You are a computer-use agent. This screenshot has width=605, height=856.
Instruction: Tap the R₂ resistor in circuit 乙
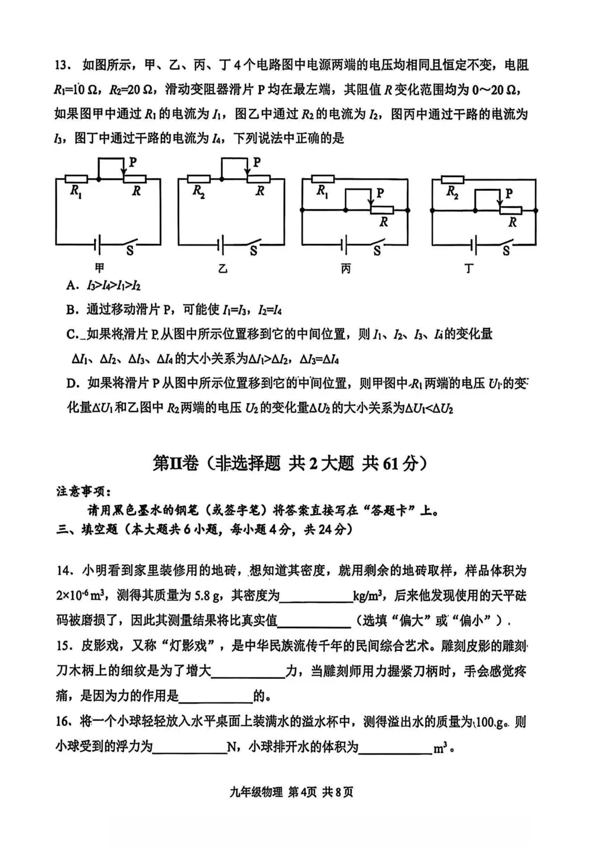pyautogui.click(x=199, y=179)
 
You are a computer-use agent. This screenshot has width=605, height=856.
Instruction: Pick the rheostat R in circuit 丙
pyautogui.click(x=382, y=210)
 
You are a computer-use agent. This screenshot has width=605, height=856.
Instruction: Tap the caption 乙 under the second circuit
pyautogui.click(x=223, y=269)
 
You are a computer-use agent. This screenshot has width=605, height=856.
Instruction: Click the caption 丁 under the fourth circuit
pyautogui.click(x=469, y=269)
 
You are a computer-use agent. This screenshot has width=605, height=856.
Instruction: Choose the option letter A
pyautogui.click(x=71, y=285)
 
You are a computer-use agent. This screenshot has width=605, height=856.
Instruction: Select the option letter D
pyautogui.click(x=71, y=383)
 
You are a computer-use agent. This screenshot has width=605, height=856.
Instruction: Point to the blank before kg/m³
pyautogui.click(x=315, y=596)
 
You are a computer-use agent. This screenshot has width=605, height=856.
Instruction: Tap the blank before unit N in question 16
pyautogui.click(x=189, y=748)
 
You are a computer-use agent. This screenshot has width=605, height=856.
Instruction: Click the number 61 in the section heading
pyautogui.click(x=390, y=464)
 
